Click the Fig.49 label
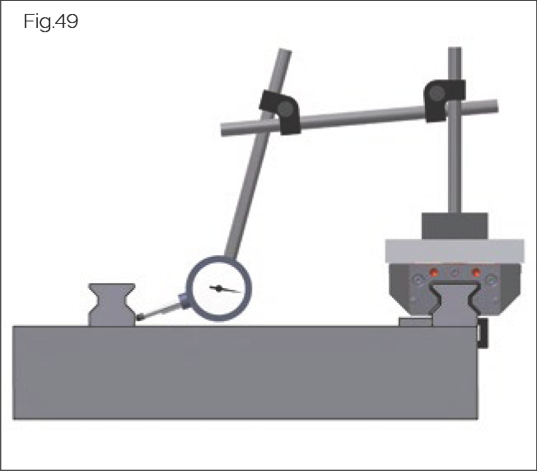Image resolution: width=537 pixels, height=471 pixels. click(x=52, y=22)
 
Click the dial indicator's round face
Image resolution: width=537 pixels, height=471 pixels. click(x=220, y=287)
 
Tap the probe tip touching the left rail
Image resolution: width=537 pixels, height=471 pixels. click(x=142, y=317)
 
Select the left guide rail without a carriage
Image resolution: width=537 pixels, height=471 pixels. click(x=112, y=304)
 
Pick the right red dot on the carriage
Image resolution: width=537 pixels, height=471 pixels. click(x=475, y=273)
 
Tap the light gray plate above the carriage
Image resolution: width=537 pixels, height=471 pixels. click(x=455, y=248)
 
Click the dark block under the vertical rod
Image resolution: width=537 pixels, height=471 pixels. click(x=455, y=225)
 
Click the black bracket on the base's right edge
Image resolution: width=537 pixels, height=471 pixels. click(x=483, y=333)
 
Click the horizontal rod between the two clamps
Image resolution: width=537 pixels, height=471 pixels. click(x=362, y=117)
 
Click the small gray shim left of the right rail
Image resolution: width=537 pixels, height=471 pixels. click(x=415, y=322)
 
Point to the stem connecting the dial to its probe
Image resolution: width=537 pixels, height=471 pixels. click(x=166, y=308)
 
